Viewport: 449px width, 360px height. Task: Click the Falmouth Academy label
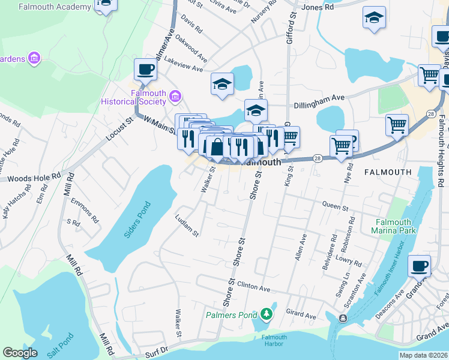(x=55, y=8)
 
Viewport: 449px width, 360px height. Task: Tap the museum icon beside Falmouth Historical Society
(x=175, y=96)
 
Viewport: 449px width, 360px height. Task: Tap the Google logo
(x=20, y=352)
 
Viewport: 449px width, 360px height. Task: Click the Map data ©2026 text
(x=423, y=355)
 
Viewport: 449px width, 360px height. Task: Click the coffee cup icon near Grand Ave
(x=419, y=265)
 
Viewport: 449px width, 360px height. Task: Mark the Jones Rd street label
(x=318, y=8)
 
